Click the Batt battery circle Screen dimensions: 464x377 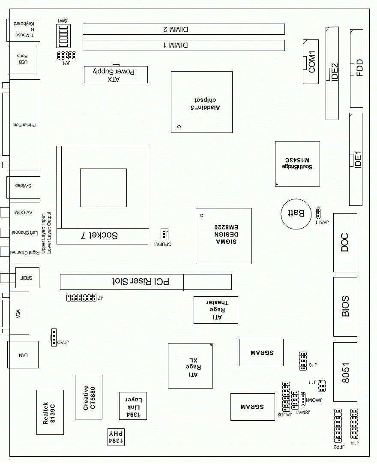pos(296,213)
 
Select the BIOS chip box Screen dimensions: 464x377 pos(345,307)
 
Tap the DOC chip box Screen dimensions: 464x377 pos(345,242)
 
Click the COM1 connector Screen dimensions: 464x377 pos(311,62)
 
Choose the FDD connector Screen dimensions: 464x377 pos(356,68)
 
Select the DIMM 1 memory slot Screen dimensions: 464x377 pos(183,45)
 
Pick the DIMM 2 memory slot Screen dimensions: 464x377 pos(183,29)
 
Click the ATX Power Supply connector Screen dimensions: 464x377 pos(116,75)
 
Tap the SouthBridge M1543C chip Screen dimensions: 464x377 pos(297,163)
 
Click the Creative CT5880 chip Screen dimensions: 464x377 pos(89,397)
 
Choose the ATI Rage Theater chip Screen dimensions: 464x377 pos(216,310)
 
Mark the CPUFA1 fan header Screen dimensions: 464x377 pos(164,234)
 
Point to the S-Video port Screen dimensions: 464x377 pos(24,186)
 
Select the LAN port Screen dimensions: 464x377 pos(23,355)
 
